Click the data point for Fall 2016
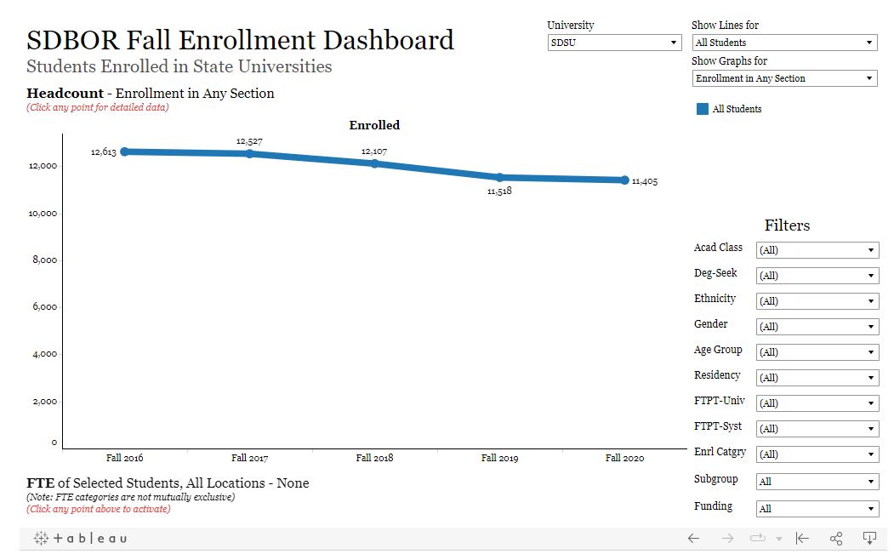coord(125,151)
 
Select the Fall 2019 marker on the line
coord(499,178)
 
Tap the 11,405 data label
coord(645,181)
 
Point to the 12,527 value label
coord(249,141)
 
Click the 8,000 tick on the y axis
coord(44,260)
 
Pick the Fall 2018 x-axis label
coord(374,458)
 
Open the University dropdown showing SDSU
coord(615,43)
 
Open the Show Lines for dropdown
coord(784,43)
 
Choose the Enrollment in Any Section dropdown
coord(784,78)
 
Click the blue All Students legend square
coord(703,109)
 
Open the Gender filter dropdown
coord(817,326)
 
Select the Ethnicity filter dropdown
coord(817,300)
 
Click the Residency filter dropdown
coord(817,377)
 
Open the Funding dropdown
coord(817,508)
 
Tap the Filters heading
coord(787,226)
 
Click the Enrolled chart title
coord(374,125)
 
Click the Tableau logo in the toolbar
coord(80,538)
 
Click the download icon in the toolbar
coord(869,538)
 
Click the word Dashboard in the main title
coord(388,40)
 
